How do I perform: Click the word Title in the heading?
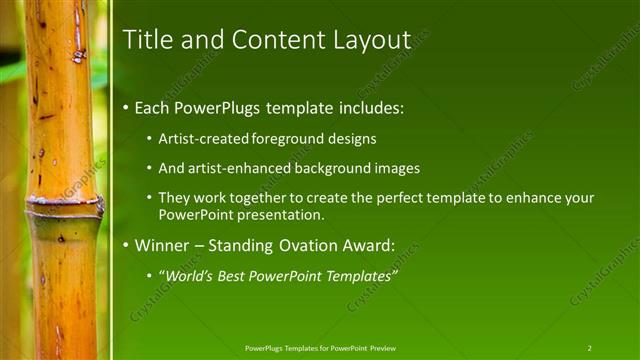tap(144, 39)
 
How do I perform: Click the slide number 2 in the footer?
tap(589, 347)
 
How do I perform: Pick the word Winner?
tap(163, 244)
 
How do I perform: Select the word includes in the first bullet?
tap(369, 107)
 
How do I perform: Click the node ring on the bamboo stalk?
tap(65, 207)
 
